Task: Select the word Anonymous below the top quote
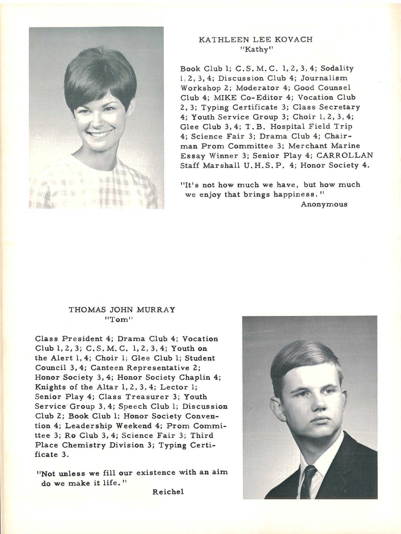pos(324,204)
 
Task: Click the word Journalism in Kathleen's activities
pos(324,78)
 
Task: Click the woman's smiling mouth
pos(100,133)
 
